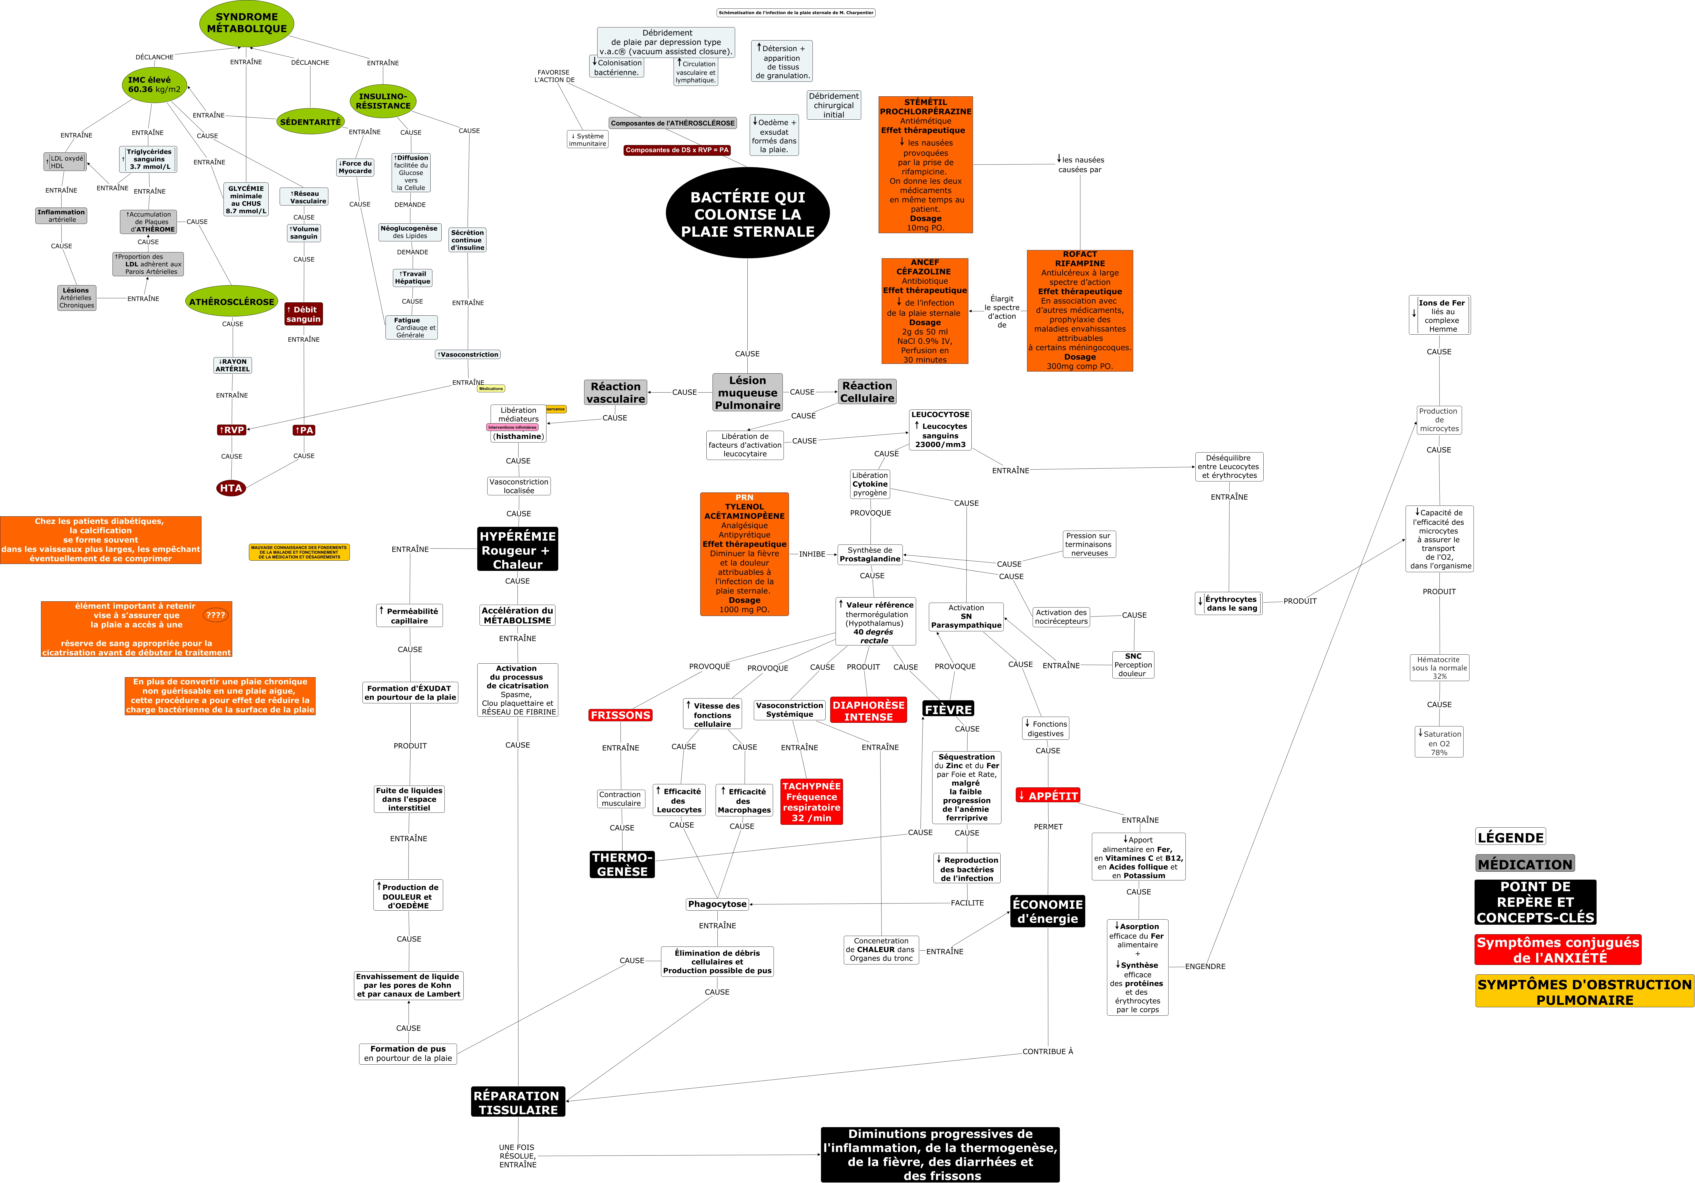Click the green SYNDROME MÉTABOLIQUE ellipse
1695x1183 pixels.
point(247,23)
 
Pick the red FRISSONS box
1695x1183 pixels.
point(620,715)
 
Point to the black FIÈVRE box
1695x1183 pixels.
point(948,709)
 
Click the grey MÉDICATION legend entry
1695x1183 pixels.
point(1525,864)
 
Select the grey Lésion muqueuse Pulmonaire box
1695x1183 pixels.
point(747,393)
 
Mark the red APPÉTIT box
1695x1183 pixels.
point(1048,796)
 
